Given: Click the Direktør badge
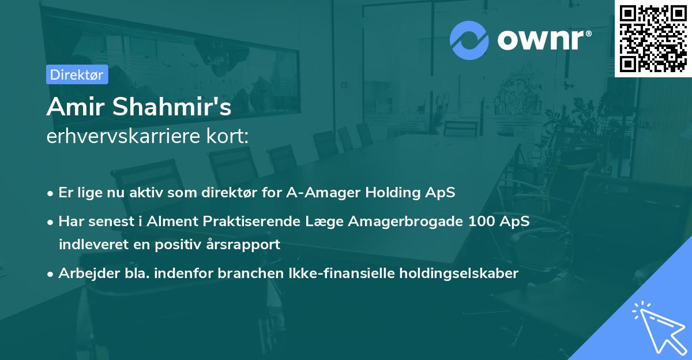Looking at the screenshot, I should pos(77,74).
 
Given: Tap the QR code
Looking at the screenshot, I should pos(653,38).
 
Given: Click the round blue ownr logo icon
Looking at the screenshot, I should pos(469,40).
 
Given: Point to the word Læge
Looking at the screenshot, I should pos(329,222).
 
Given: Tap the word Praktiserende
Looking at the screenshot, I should pos(265,222).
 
